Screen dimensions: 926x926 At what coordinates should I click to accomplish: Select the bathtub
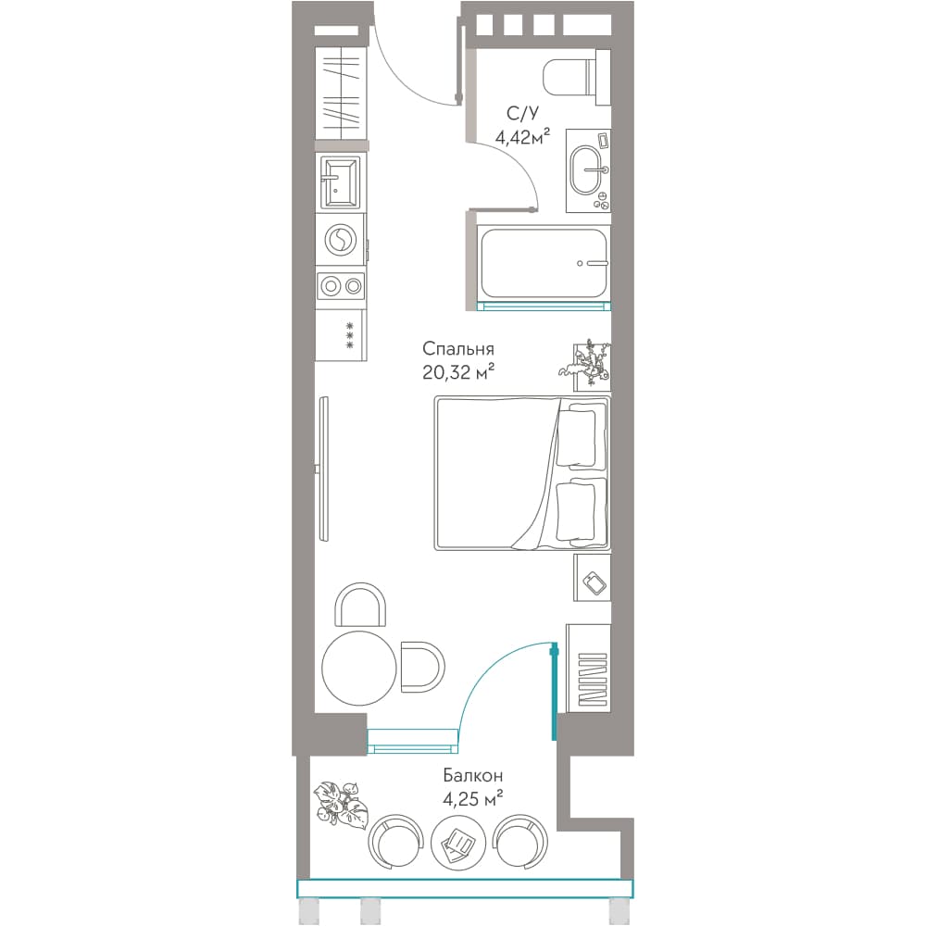(544, 263)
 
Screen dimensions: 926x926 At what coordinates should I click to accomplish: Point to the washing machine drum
(341, 241)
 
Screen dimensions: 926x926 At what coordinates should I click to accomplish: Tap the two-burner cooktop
(342, 287)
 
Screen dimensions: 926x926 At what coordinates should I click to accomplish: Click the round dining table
(358, 668)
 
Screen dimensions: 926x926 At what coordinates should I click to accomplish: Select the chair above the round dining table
(360, 604)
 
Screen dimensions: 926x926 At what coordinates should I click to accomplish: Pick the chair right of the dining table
(422, 667)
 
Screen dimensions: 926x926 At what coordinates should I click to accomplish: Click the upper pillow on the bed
(576, 436)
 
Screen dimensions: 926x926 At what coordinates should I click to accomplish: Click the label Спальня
(457, 349)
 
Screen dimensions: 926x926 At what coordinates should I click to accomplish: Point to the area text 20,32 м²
(457, 372)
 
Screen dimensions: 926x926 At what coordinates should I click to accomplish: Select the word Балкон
(472, 775)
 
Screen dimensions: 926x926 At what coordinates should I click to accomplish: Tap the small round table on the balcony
(459, 842)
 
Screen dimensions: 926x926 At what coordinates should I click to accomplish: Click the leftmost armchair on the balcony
(395, 841)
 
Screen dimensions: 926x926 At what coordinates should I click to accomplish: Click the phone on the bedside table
(594, 583)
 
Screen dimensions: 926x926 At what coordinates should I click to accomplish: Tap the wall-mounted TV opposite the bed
(322, 469)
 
